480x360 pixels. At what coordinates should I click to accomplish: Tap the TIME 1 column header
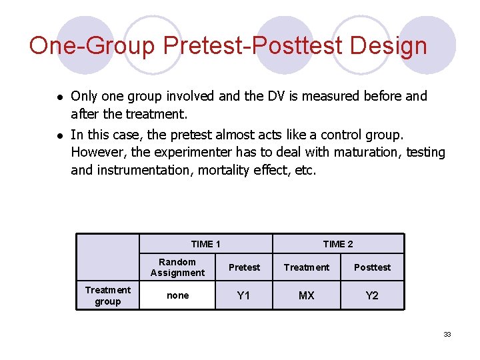pos(205,244)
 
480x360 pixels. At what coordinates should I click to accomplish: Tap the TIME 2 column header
pos(338,244)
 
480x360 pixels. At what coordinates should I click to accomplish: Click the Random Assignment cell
pos(177,267)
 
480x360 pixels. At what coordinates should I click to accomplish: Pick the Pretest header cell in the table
pos(244,267)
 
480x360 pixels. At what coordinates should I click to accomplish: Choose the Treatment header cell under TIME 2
pos(306,267)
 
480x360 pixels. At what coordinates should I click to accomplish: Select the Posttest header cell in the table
pos(372,267)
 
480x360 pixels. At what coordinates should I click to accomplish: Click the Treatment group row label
pos(108,295)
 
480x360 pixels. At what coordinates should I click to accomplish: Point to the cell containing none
pos(177,295)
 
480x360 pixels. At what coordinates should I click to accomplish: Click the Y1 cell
pos(244,295)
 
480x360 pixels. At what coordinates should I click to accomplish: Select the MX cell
pos(306,295)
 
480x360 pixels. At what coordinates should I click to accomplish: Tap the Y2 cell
pos(372,295)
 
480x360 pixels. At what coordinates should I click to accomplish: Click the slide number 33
pos(447,334)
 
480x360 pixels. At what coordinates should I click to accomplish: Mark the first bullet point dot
pos(59,97)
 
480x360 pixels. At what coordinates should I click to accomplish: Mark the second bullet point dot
pos(59,135)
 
